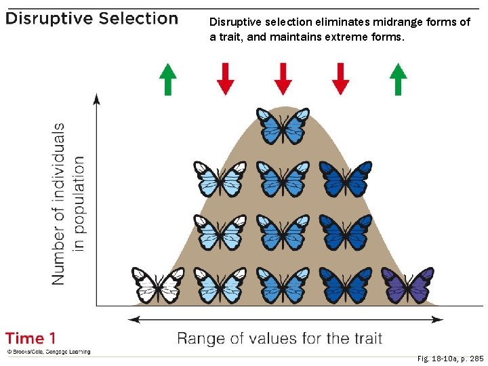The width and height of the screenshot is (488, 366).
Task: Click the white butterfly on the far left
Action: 158,285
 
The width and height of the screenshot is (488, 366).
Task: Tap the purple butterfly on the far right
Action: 407,285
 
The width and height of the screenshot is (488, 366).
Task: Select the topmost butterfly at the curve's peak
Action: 283,126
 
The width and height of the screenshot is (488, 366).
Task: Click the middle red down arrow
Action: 283,79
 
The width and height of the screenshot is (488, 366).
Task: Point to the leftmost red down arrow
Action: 225,79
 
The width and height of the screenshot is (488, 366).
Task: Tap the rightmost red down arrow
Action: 341,79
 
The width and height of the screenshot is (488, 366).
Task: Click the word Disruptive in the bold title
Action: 48,18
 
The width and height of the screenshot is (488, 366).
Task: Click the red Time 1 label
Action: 31,338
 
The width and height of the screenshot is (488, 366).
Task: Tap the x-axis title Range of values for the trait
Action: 279,338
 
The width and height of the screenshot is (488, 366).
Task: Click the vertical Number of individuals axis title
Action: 68,203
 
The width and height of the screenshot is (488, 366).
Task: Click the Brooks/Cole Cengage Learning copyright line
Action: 48,352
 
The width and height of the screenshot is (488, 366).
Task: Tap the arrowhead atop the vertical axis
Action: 97,98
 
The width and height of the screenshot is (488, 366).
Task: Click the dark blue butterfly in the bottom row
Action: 346,285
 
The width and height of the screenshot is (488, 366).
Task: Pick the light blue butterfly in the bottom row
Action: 220,285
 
